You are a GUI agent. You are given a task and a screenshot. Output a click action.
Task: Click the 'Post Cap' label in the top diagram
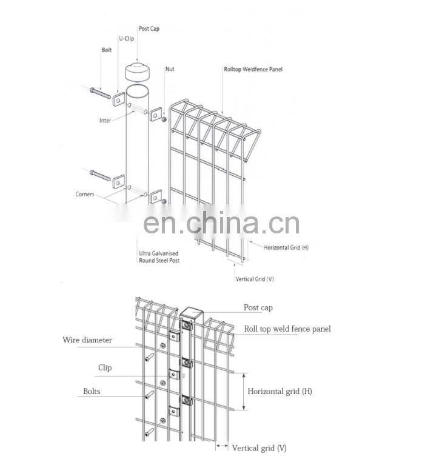[x=149, y=28]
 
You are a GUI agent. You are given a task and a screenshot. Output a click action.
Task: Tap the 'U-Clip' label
[x=126, y=38]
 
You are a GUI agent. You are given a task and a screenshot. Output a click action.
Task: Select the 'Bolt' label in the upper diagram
[x=107, y=50]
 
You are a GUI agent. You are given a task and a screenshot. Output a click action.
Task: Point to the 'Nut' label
[x=170, y=69]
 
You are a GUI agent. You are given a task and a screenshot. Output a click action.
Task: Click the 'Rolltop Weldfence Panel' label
[x=253, y=69]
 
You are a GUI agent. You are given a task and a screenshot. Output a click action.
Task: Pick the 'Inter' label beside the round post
[x=105, y=121]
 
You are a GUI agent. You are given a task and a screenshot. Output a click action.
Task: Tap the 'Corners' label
[x=85, y=194]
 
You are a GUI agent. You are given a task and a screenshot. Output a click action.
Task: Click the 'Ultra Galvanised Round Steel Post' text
[x=159, y=256]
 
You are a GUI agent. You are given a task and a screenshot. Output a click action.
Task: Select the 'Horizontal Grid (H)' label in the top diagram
[x=287, y=247]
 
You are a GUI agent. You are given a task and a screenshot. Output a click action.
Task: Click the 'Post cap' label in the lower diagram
[x=258, y=308]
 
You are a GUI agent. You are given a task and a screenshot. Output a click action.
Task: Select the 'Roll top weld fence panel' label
[x=287, y=329]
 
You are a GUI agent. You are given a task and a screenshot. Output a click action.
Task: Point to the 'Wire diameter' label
[x=87, y=340]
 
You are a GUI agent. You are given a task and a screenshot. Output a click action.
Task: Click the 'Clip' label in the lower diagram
[x=105, y=367]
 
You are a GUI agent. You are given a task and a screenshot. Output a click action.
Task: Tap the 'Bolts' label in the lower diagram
[x=92, y=392]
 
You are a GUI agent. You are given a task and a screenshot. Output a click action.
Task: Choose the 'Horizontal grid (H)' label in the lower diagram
[x=280, y=391]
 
